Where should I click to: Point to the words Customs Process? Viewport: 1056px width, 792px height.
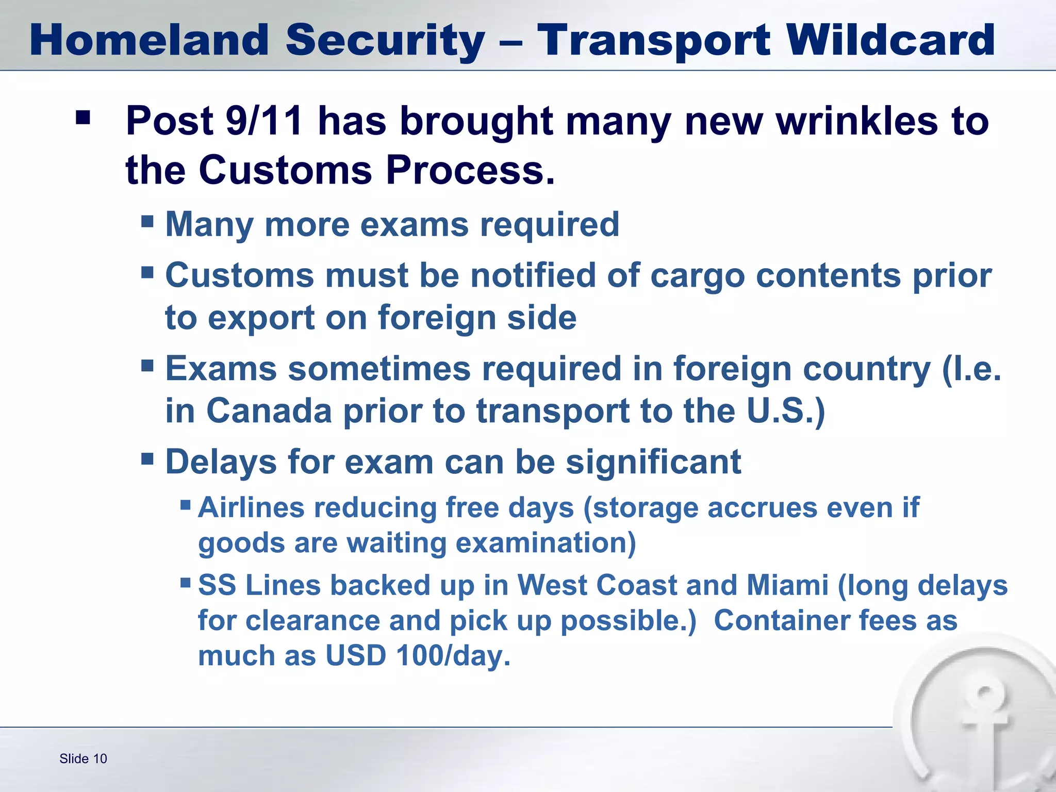[x=376, y=170]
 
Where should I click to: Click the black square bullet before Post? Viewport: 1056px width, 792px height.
[x=82, y=118]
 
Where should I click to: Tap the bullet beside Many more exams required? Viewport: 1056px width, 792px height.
[x=147, y=222]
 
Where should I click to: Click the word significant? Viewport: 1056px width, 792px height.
[x=653, y=461]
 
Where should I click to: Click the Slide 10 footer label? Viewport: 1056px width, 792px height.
[x=83, y=758]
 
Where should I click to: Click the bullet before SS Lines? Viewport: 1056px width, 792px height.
[x=186, y=583]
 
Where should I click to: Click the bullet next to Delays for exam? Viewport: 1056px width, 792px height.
[x=147, y=458]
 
